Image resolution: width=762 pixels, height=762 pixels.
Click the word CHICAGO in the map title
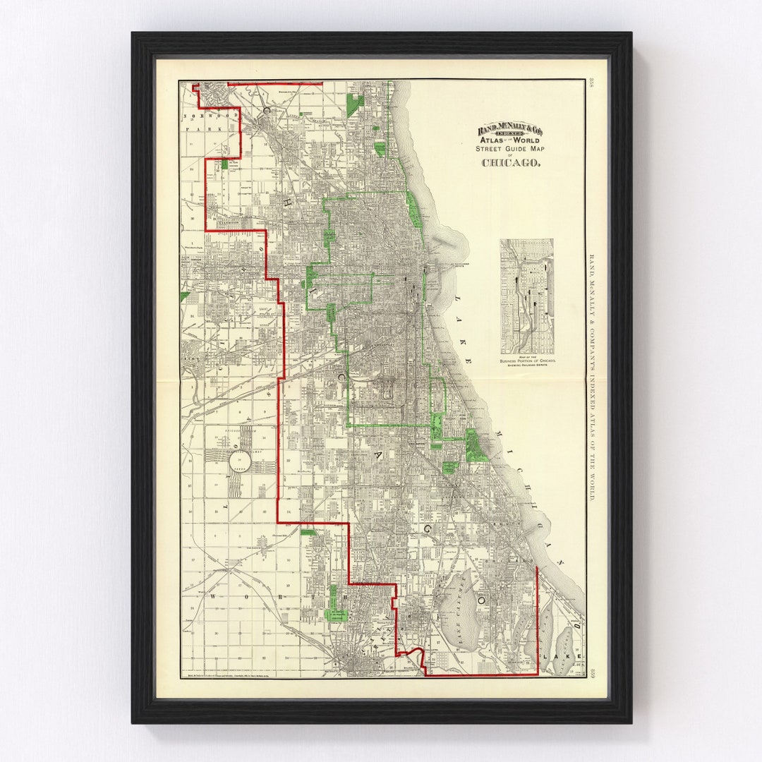[512, 163]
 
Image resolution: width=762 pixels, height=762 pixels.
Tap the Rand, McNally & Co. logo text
[512, 129]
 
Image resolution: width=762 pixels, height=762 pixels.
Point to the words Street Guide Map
[512, 149]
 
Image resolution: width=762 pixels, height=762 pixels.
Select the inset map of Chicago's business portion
[526, 296]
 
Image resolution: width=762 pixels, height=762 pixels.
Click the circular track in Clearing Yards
[240, 464]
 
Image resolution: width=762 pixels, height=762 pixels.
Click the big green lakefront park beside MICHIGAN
[476, 446]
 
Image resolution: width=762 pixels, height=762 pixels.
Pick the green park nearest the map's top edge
[355, 105]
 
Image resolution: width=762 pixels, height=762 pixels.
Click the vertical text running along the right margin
[593, 377]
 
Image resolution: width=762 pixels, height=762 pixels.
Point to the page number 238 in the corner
[593, 85]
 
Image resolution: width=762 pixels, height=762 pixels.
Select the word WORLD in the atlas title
[526, 140]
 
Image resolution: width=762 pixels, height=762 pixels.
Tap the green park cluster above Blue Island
[336, 605]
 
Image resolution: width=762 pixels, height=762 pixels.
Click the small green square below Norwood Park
[224, 164]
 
